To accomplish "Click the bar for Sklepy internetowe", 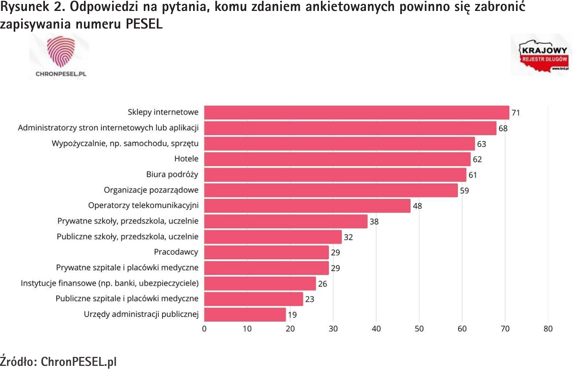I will pos(356,113).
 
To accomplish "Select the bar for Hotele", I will pos(337,159).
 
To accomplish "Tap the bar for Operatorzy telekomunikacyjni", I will pos(307,206).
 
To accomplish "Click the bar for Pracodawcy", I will pos(266,253).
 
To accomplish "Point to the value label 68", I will pos(503,128).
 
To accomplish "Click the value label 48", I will pos(417,206).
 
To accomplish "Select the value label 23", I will pos(310,299).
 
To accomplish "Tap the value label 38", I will pos(374,222).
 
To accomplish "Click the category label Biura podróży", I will pos(172,174).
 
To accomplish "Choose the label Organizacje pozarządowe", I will pos(151,190).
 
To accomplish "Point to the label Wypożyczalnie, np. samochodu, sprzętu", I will pos(125,143).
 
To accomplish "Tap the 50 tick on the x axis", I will pos(419,329).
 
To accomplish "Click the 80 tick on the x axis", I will pos(548,329).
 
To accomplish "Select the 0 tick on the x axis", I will pos(204,329).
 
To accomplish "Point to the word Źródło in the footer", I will pos(18,361).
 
